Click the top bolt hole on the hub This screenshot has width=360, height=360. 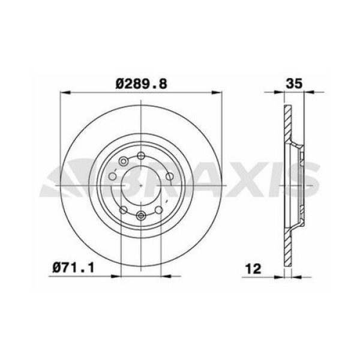point(140,157)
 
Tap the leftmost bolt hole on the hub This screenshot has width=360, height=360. point(112,178)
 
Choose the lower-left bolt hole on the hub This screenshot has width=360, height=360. point(124,209)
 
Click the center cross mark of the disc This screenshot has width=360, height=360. point(140,186)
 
